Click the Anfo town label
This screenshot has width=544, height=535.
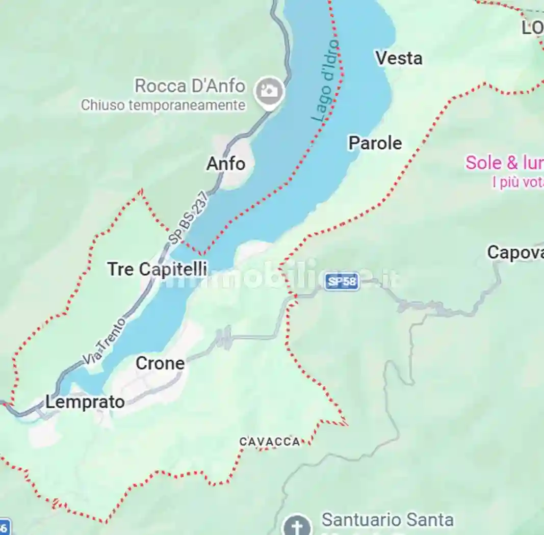226,164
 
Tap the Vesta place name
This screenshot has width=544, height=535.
399,58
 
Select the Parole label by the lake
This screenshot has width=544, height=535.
375,143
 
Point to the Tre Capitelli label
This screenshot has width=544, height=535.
157,269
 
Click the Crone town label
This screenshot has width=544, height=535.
160,363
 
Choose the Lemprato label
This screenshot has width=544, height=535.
85,402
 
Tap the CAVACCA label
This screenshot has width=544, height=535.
270,442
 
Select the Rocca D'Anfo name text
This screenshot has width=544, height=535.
190,86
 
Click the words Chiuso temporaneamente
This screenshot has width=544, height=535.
163,105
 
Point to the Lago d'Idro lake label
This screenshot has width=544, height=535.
326,81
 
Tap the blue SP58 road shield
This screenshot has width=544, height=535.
342,281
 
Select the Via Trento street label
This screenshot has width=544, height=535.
104,341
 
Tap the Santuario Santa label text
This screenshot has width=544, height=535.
387,520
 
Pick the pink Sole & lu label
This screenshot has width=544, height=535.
504,163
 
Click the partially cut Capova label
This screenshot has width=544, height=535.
515,252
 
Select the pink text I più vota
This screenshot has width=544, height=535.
517,182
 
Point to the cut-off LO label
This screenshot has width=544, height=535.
532,28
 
